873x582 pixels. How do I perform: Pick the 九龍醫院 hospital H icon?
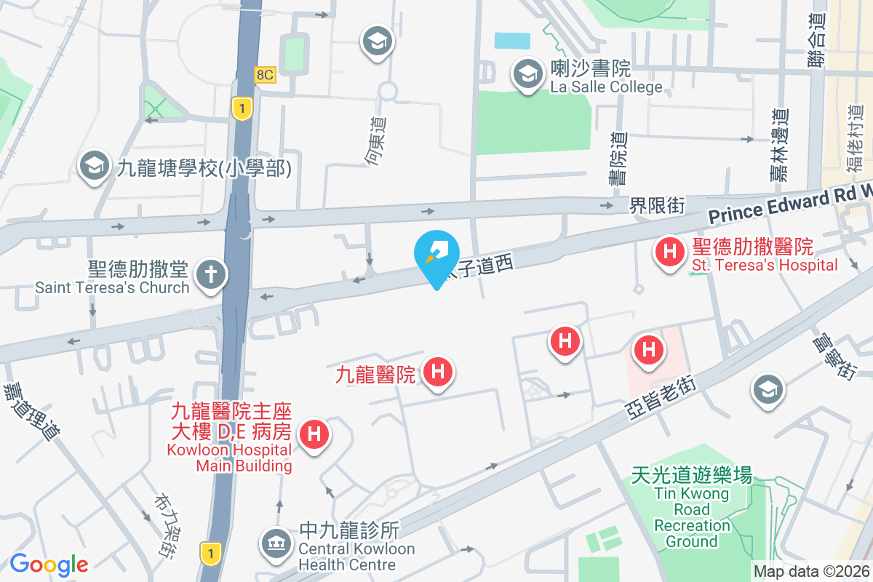click(x=438, y=372)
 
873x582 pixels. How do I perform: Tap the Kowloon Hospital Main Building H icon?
click(x=314, y=435)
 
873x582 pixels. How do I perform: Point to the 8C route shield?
click(x=265, y=74)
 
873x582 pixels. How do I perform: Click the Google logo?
click(x=49, y=564)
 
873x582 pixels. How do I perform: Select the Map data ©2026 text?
click(x=811, y=571)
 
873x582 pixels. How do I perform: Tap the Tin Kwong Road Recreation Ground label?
click(x=691, y=509)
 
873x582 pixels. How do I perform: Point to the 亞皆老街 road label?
click(x=662, y=399)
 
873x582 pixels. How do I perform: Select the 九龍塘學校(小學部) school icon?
click(x=95, y=167)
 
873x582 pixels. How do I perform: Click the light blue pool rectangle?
click(x=512, y=41)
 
